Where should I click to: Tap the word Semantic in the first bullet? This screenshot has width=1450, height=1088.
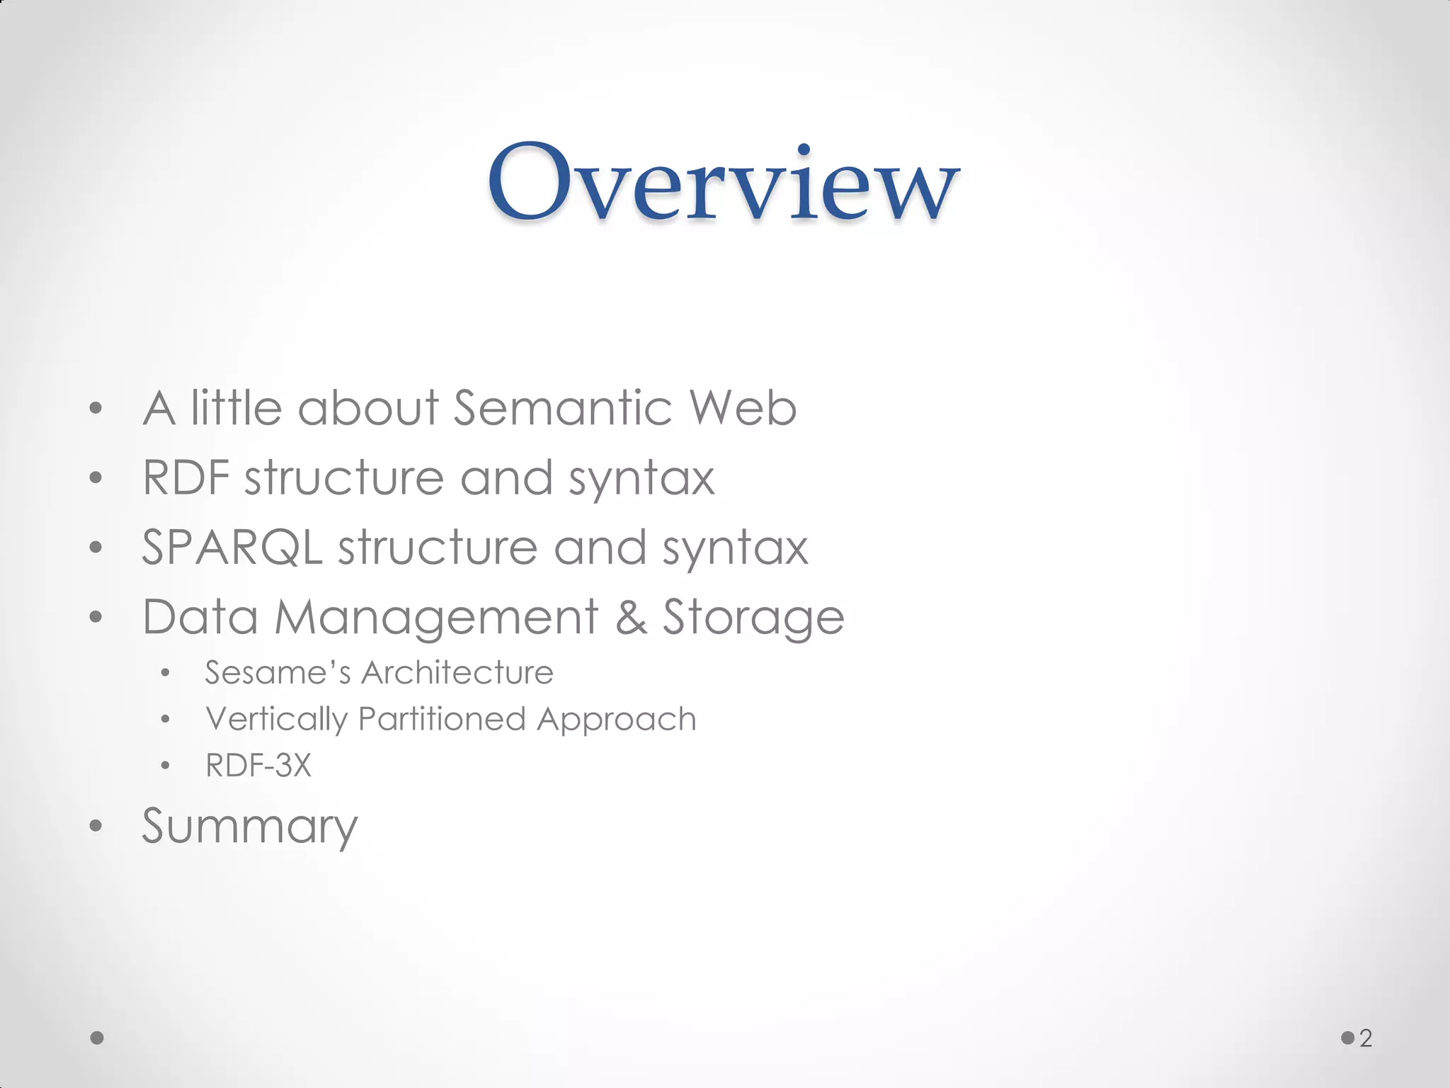(x=562, y=408)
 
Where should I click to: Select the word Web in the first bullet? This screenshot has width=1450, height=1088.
(x=743, y=408)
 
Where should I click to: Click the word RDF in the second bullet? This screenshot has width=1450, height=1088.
(x=185, y=477)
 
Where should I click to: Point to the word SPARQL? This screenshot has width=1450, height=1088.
(x=232, y=548)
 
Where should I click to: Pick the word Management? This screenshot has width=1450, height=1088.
(x=436, y=617)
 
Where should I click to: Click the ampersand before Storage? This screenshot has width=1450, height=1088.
(x=630, y=617)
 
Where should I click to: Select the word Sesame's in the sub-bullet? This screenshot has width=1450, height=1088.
(x=278, y=672)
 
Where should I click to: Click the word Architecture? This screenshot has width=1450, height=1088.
(x=457, y=672)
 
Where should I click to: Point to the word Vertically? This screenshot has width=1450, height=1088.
(x=276, y=720)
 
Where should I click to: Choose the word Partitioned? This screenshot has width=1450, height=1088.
(x=442, y=719)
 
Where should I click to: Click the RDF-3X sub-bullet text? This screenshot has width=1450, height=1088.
(x=258, y=766)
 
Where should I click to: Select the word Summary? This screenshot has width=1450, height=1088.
(x=250, y=827)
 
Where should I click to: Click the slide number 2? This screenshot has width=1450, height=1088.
(x=1366, y=1038)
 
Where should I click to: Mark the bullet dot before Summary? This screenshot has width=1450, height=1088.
(x=96, y=826)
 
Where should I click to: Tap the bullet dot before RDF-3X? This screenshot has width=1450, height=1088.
(x=165, y=766)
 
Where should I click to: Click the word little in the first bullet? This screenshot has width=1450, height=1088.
(x=236, y=408)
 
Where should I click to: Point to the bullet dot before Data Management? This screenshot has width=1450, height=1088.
(x=96, y=617)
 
